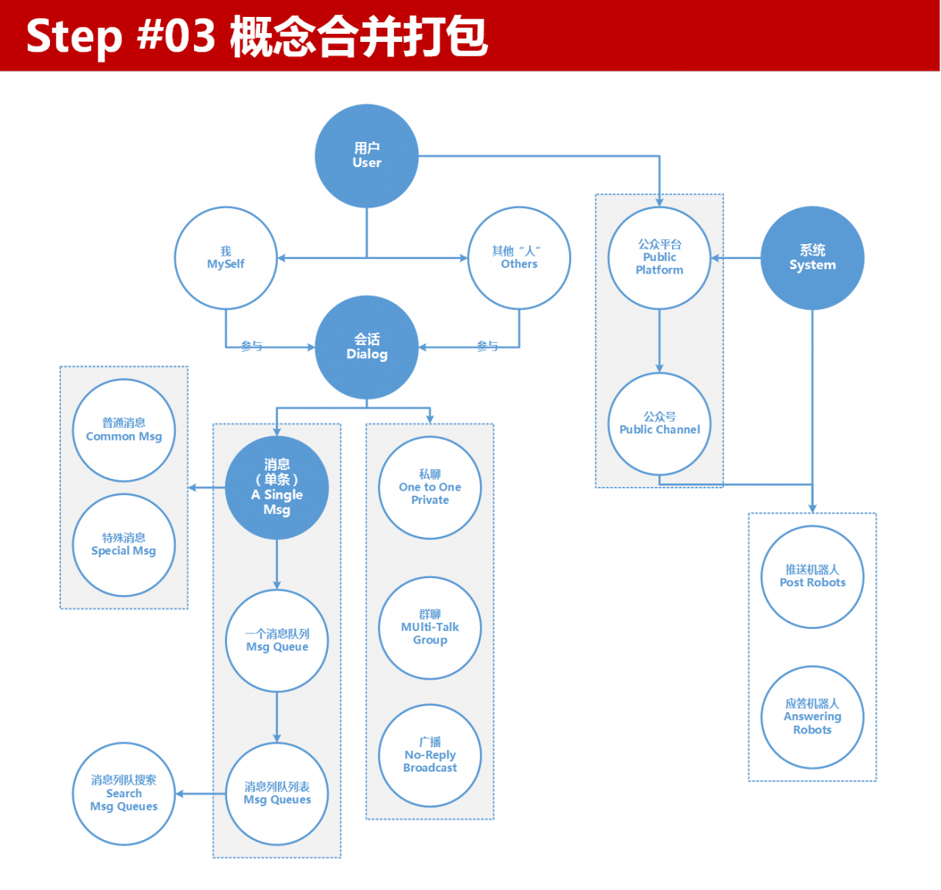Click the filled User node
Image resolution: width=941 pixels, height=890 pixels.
[367, 156]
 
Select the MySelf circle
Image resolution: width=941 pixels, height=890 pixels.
[226, 258]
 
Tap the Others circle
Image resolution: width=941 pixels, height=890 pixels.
[519, 258]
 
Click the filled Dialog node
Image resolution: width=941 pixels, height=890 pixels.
[367, 347]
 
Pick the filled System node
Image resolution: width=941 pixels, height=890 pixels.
[812, 258]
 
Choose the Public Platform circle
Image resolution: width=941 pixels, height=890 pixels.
[659, 258]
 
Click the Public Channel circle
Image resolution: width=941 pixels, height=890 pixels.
[659, 424]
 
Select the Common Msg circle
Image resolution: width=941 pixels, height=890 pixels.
[124, 430]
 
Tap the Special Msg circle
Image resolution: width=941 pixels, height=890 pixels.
[124, 545]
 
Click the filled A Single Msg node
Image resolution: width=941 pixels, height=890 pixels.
[277, 488]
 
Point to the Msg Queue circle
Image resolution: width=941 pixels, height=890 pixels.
[277, 641]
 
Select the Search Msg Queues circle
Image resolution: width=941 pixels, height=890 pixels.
[124, 794]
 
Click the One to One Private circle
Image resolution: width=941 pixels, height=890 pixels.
[430, 488]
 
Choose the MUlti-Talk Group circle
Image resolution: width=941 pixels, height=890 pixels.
[430, 627]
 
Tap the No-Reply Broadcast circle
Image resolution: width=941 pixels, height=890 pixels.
[430, 755]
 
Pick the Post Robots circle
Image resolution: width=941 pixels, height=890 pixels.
[812, 577]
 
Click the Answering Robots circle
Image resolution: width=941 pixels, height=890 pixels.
[812, 717]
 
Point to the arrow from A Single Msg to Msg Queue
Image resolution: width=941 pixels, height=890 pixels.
[277, 564]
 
